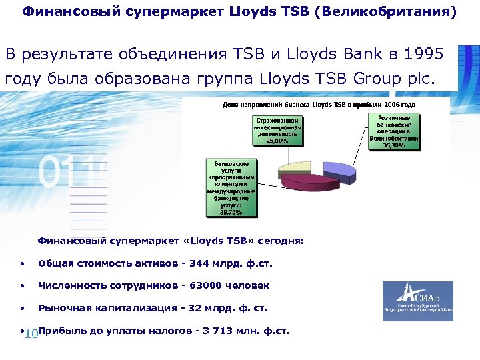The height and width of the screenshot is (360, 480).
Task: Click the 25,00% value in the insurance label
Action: (277, 141)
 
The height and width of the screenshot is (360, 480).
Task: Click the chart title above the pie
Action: (319, 105)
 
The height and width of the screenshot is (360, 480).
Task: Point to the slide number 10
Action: (31, 334)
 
